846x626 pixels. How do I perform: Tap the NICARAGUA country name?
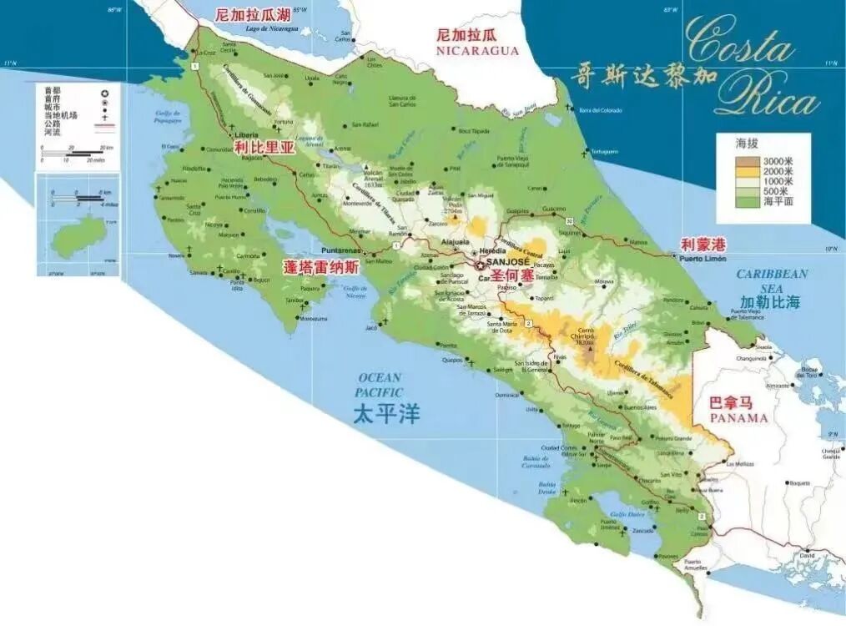click(477, 50)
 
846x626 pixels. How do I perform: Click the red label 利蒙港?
click(703, 244)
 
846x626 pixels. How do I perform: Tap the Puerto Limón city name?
click(704, 258)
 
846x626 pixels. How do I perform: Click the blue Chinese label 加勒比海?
click(769, 302)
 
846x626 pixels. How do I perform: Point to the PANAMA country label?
click(737, 417)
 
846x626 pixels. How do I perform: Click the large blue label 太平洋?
click(385, 414)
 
